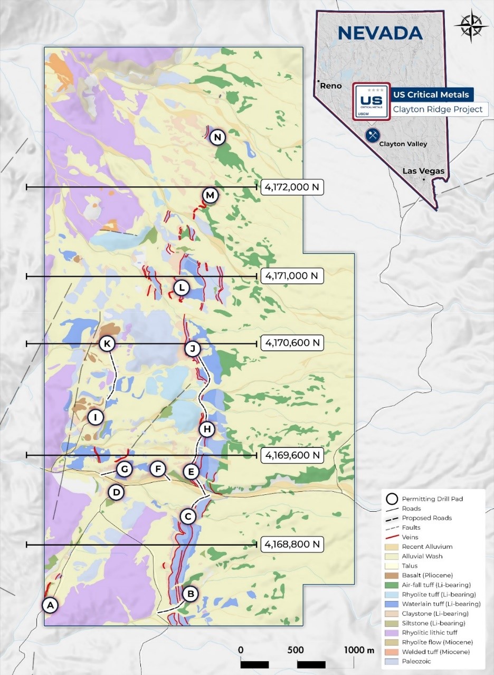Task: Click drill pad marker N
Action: click(x=217, y=138)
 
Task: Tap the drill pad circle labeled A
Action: click(x=50, y=605)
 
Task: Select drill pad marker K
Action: click(x=107, y=344)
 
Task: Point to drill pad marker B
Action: click(x=191, y=594)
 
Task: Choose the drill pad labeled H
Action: click(x=206, y=429)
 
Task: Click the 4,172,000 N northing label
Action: click(x=292, y=187)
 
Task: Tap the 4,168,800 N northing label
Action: click(x=292, y=544)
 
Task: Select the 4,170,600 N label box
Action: click(x=292, y=343)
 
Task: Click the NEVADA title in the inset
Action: click(x=380, y=33)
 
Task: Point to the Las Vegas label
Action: click(x=423, y=171)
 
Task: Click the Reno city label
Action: click(x=331, y=86)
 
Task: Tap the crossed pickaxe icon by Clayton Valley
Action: click(x=373, y=135)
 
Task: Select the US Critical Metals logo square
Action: click(x=371, y=101)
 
